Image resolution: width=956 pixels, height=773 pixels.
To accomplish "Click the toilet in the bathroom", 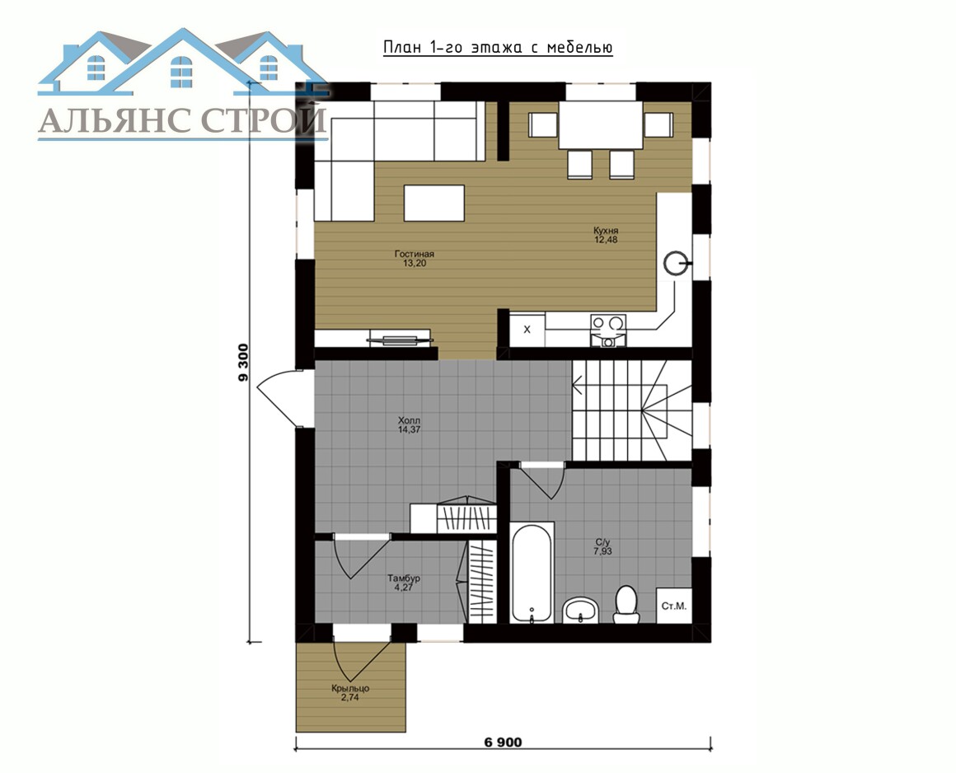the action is pyautogui.click(x=626, y=605).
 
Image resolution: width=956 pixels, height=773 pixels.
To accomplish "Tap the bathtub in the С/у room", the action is pyautogui.click(x=532, y=573).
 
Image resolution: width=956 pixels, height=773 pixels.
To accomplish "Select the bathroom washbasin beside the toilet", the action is pyautogui.click(x=581, y=610).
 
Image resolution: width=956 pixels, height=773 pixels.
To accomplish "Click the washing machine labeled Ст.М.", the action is pyautogui.click(x=673, y=606).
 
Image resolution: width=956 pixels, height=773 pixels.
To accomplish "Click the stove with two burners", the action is pyautogui.click(x=608, y=330).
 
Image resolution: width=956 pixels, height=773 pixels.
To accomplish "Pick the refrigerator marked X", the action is pyautogui.click(x=527, y=330).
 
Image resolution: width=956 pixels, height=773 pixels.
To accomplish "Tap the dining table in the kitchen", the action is pyautogui.click(x=601, y=125).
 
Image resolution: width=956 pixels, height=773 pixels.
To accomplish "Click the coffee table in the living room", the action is pyautogui.click(x=434, y=203).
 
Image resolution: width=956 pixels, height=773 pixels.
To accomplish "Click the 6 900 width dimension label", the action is pyautogui.click(x=503, y=742).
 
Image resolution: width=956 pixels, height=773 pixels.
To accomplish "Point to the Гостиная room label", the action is pyautogui.click(x=414, y=254).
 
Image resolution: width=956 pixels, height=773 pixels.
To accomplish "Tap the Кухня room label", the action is pyautogui.click(x=606, y=231).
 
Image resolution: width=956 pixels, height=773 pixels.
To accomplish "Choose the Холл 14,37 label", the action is pyautogui.click(x=409, y=425).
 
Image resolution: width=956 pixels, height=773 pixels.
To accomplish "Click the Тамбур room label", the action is pyautogui.click(x=404, y=578).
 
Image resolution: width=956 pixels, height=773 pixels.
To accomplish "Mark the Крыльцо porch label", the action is pyautogui.click(x=350, y=688).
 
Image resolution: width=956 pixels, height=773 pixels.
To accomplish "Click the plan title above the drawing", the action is pyautogui.click(x=498, y=48).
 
